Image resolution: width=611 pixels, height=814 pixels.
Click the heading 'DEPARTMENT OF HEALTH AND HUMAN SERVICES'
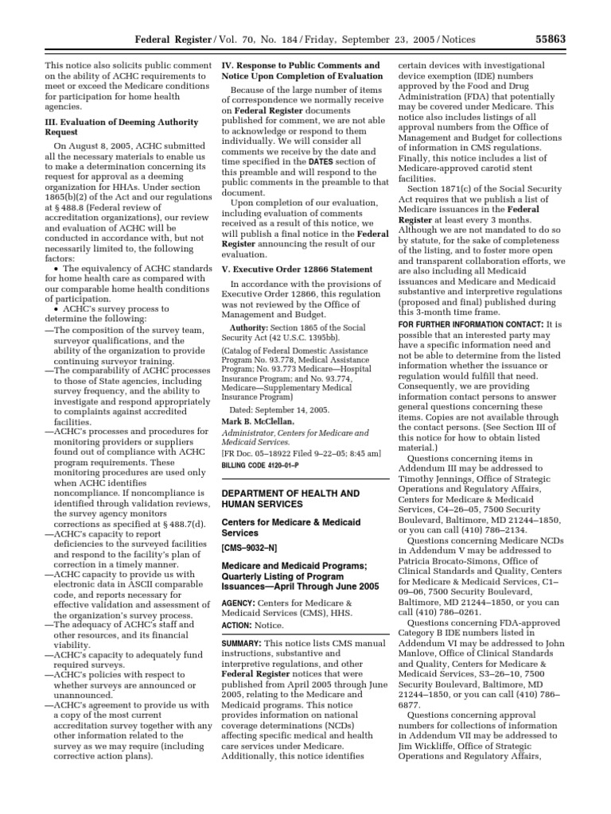click(x=290, y=499)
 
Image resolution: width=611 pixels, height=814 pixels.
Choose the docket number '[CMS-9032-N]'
click(x=248, y=549)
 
